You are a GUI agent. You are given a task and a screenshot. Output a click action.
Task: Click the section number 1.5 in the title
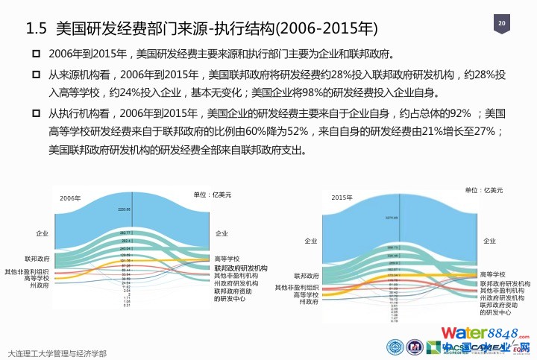pyautogui.click(x=37, y=29)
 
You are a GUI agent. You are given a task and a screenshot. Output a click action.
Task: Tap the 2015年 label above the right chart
pyautogui.click(x=341, y=198)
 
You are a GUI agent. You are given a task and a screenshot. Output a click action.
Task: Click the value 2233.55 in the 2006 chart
pyautogui.click(x=125, y=209)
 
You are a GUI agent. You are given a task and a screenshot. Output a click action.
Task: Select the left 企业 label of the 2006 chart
pyautogui.click(x=42, y=234)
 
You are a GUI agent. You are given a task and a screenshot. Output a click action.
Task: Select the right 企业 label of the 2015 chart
pyautogui.click(x=489, y=241)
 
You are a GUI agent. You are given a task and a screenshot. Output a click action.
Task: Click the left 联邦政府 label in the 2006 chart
pyautogui.click(x=37, y=258)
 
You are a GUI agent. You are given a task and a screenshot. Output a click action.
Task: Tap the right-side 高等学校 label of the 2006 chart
pyautogui.click(x=227, y=258)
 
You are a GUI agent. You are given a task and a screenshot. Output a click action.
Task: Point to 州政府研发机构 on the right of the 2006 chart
pyautogui.click(x=236, y=283)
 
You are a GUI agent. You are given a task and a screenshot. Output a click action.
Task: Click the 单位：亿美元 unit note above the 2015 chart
pyautogui.click(x=484, y=191)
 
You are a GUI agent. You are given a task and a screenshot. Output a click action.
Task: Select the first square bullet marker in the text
pyautogui.click(x=35, y=54)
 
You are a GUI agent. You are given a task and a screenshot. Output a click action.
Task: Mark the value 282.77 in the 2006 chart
pyautogui.click(x=125, y=233)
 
